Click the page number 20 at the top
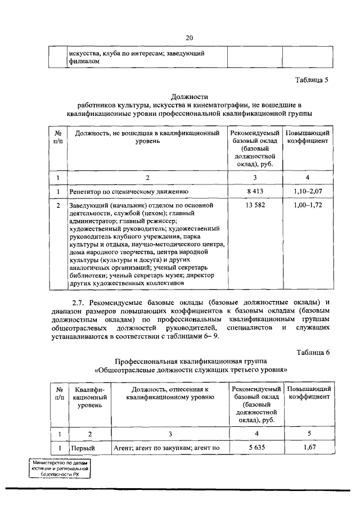(189, 38)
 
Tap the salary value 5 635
(256, 447)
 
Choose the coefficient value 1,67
(309, 447)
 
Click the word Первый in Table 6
(82, 448)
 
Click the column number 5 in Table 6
(309, 434)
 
